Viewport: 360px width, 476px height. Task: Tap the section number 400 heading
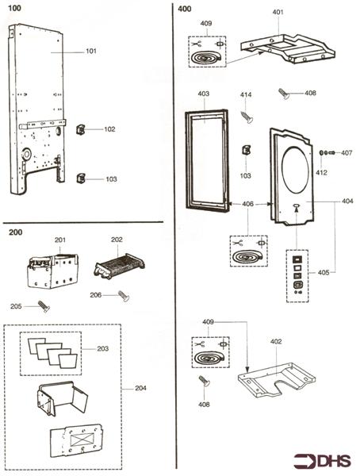coord(185,9)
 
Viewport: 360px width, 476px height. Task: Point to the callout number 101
coord(91,51)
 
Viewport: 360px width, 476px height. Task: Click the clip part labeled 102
coord(80,129)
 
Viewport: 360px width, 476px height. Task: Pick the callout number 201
coord(59,240)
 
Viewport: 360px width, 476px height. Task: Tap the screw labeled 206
coord(124,295)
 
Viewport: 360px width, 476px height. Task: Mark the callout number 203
coord(101,347)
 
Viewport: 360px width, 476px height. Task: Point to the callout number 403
coord(204,94)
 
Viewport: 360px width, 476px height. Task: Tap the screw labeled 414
coord(247,116)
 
